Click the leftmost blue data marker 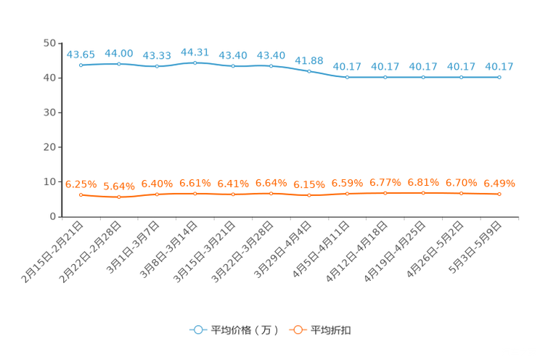(x=81, y=65)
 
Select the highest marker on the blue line (x=195, y=62)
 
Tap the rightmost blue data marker (x=499, y=76)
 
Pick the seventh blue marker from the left (x=309, y=71)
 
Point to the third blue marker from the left (x=157, y=66)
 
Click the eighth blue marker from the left (x=347, y=76)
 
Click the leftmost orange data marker (x=81, y=195)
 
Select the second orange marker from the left (x=119, y=197)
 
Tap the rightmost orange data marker (x=499, y=194)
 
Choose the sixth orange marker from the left (x=271, y=194)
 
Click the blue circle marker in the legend (x=197, y=330)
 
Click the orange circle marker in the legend (x=298, y=330)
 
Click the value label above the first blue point (x=81, y=54)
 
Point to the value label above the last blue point (x=500, y=66)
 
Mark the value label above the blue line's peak (x=195, y=52)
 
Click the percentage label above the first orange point (x=81, y=184)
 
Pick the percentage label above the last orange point (x=499, y=183)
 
